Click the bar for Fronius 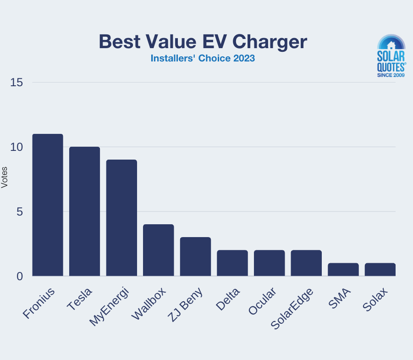[48, 205]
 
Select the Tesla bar [84, 211]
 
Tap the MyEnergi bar [121, 218]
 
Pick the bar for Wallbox [159, 250]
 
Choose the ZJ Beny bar [195, 256]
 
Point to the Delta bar [232, 263]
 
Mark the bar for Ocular [270, 263]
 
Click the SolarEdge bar [306, 263]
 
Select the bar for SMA [343, 269]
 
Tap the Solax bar [380, 269]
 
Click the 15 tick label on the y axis [17, 83]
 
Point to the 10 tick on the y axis [17, 147]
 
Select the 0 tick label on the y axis [20, 277]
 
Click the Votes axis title [5, 179]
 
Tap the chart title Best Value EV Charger [203, 42]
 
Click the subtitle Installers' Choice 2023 [203, 59]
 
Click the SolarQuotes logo [391, 56]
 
